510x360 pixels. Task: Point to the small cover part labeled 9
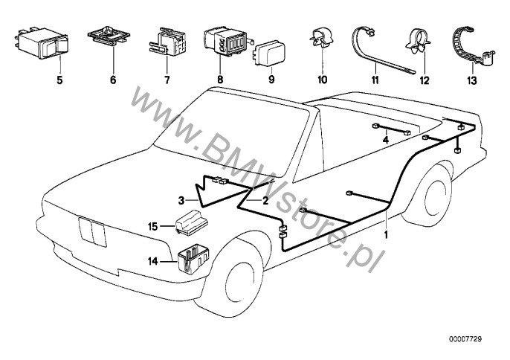tap(270, 54)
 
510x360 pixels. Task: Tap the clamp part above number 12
tap(414, 43)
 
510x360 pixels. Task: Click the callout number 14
tap(153, 261)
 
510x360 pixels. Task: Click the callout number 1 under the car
tap(385, 235)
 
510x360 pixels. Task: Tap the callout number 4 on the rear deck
tap(386, 139)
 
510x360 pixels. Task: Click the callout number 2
tap(265, 200)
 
